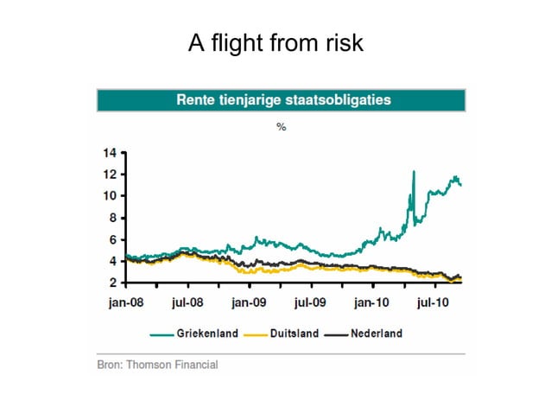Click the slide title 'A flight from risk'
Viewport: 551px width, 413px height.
pyautogui.click(x=275, y=42)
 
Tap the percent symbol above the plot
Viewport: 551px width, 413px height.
pyautogui.click(x=281, y=127)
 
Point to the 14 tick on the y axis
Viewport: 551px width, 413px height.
pyautogui.click(x=109, y=153)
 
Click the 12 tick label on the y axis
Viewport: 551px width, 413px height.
pyautogui.click(x=109, y=174)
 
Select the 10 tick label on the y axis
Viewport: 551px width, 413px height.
pyautogui.click(x=109, y=195)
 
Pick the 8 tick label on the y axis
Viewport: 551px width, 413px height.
pyautogui.click(x=111, y=218)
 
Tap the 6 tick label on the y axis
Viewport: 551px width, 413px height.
pyautogui.click(x=111, y=239)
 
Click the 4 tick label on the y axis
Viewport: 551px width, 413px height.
pyautogui.click(x=111, y=261)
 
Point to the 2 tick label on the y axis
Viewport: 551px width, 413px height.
pyautogui.click(x=111, y=283)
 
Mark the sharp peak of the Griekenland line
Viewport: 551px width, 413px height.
pyautogui.click(x=414, y=172)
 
